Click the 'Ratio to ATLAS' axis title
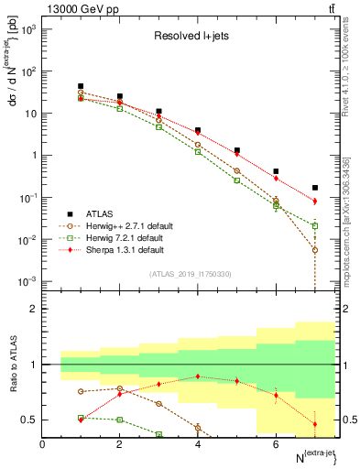[x=13, y=365]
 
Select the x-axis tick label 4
[x=198, y=444]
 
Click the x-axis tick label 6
[x=276, y=444]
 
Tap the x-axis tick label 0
[x=42, y=444]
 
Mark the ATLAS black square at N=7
[x=314, y=188]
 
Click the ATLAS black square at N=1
[x=81, y=86]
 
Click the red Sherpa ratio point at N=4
[x=198, y=376]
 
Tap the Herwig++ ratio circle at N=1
[x=81, y=391]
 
